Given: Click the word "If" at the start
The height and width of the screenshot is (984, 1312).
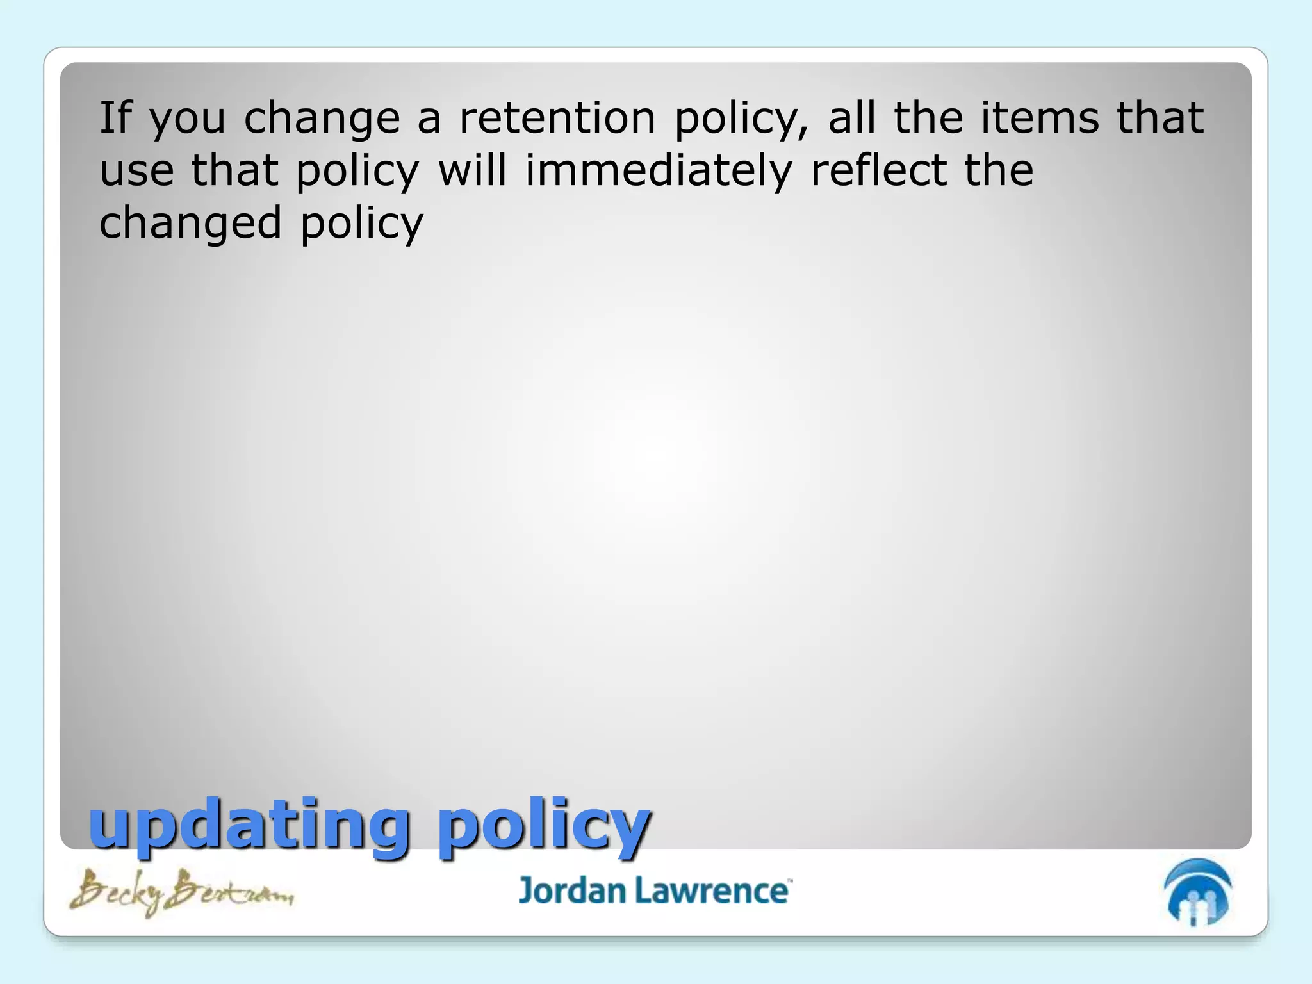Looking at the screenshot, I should tap(115, 118).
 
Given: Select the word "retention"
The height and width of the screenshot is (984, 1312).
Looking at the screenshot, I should tap(557, 118).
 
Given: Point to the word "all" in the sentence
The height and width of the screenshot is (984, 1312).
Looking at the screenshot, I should tap(852, 118).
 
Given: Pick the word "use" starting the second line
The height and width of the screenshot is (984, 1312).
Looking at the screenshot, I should tap(136, 172).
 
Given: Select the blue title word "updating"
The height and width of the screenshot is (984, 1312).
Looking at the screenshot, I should tap(249, 826).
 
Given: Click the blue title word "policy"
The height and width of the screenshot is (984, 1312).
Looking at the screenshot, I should tap(545, 826).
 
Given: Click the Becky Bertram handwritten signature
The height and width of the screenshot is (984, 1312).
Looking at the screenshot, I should tap(181, 892).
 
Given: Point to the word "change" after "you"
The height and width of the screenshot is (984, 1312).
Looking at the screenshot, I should tap(322, 120).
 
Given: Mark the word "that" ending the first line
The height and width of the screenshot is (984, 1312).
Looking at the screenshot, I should tap(1160, 118).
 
